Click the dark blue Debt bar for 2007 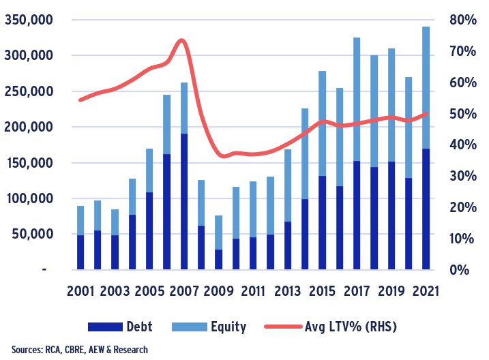(183, 201)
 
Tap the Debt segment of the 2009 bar (218, 259)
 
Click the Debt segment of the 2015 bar (322, 222)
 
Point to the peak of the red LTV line (181, 40)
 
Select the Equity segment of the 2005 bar (149, 170)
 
